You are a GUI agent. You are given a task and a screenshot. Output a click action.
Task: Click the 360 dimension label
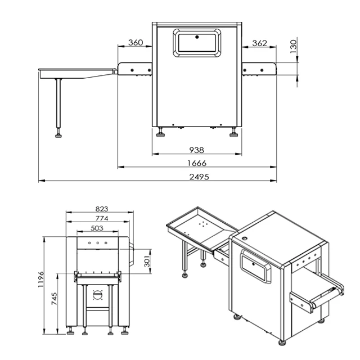click(x=135, y=43)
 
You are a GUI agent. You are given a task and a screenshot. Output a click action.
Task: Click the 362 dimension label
click(x=259, y=43)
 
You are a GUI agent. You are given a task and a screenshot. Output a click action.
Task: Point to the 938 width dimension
click(x=197, y=150)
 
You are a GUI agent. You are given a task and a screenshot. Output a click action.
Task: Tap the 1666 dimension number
click(x=197, y=163)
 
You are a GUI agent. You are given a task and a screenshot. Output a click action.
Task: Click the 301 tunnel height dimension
click(x=146, y=262)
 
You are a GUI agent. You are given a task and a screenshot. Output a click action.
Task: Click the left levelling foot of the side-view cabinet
click(x=161, y=133)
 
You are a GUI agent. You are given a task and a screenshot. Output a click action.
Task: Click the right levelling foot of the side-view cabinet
click(x=233, y=133)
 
